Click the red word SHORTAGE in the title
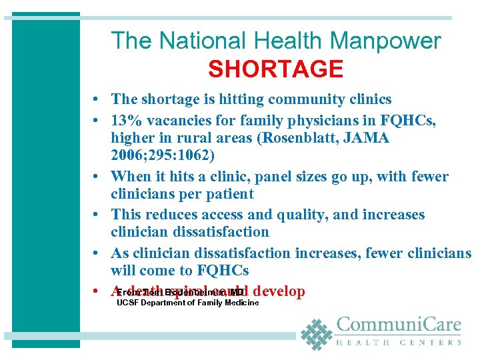275,69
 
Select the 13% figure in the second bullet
125,121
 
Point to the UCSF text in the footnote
125,303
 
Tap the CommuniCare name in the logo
398,325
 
